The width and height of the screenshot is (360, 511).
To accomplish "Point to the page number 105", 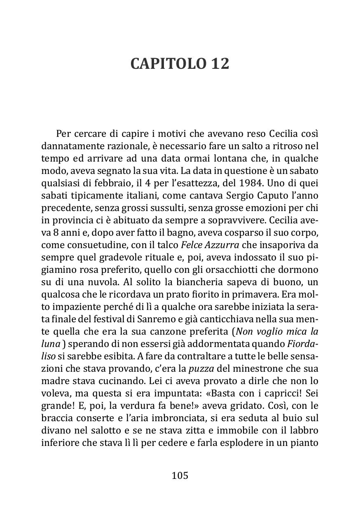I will click(x=180, y=476).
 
